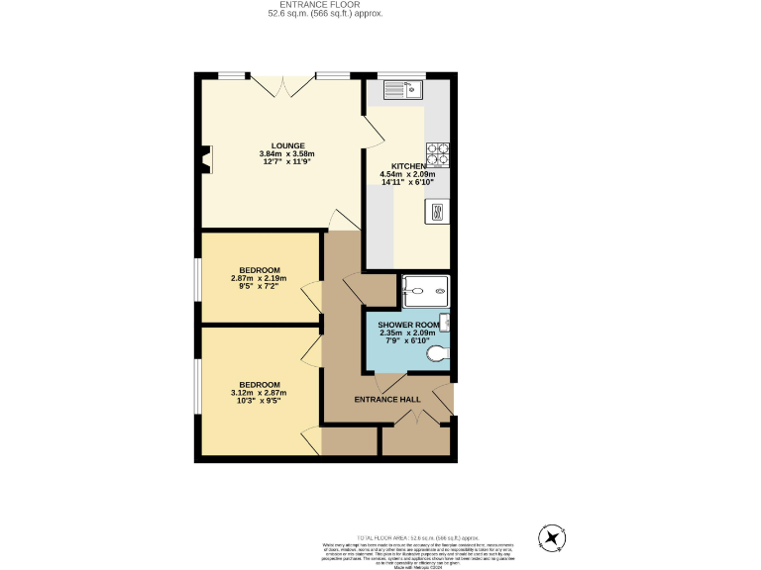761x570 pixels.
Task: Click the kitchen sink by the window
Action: [403, 90]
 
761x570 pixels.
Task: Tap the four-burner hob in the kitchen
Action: [438, 154]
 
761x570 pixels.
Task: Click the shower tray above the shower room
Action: [426, 291]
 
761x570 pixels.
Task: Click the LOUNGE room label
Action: [288, 145]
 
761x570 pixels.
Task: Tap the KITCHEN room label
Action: [408, 166]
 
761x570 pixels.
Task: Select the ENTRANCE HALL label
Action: [387, 400]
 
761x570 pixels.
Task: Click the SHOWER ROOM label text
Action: [407, 325]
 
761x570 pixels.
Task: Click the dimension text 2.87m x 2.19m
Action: [259, 279]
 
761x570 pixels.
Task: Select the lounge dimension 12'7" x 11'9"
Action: [288, 162]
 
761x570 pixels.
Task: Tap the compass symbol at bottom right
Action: [551, 537]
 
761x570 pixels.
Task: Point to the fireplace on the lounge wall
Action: [205, 159]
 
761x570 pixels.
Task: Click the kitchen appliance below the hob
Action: [438, 211]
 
